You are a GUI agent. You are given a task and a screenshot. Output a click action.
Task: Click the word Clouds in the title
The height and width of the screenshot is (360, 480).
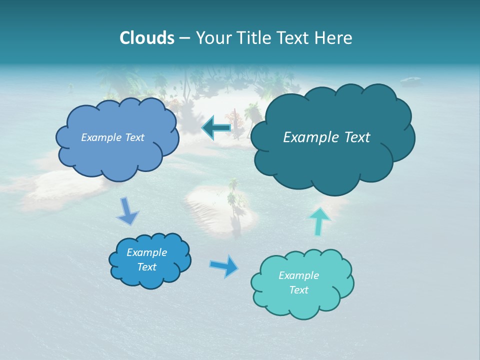[146, 38]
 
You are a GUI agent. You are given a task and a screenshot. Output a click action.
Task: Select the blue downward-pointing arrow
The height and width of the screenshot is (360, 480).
[127, 211]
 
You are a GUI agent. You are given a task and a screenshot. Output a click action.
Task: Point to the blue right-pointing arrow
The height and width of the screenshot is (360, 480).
[224, 266]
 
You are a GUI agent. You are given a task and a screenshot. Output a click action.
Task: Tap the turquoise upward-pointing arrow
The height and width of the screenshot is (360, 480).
[319, 221]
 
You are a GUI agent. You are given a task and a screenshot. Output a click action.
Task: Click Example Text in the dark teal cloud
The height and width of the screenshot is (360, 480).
[326, 137]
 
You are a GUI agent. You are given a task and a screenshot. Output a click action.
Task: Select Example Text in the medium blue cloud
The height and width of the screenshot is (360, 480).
[112, 137]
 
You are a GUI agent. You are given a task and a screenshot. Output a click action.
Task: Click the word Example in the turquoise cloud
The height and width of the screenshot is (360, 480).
[298, 275]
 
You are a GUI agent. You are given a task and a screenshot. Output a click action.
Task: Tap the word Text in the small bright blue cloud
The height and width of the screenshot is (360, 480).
[146, 267]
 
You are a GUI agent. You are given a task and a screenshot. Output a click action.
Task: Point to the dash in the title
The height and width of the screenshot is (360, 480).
[184, 38]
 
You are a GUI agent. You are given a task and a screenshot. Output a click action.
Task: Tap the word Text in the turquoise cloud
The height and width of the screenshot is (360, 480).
[298, 290]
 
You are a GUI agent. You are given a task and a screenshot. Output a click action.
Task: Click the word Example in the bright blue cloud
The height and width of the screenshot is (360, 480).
[146, 252]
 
